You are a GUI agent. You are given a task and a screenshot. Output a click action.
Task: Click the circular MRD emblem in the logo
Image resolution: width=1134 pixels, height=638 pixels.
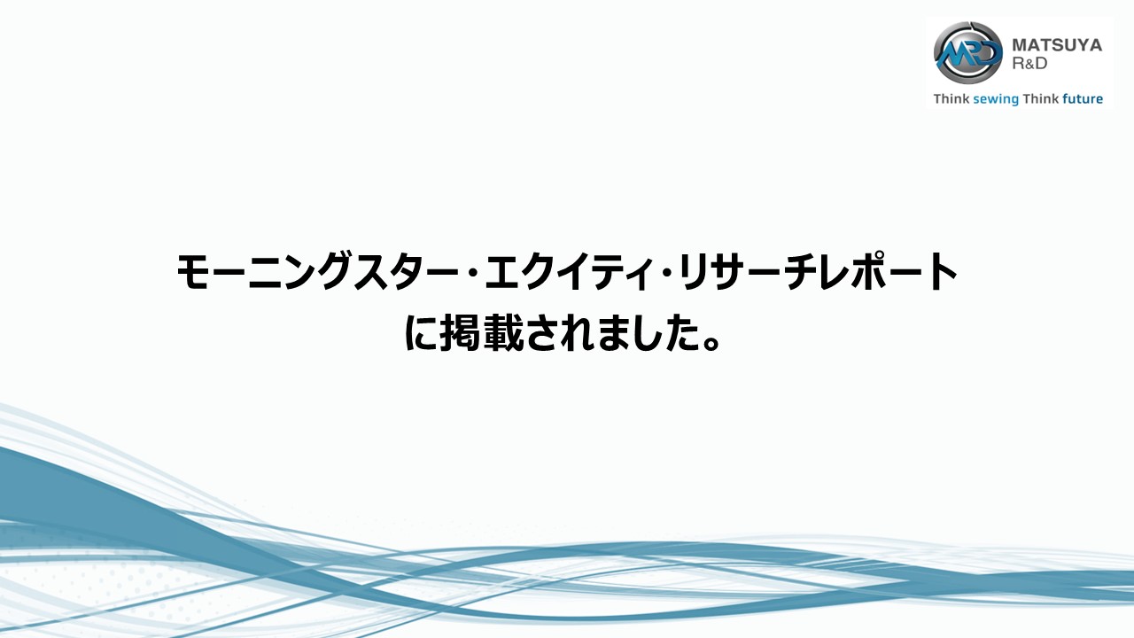(x=968, y=52)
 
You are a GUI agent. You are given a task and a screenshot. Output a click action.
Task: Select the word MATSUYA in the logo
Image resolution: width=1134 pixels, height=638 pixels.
(x=1057, y=45)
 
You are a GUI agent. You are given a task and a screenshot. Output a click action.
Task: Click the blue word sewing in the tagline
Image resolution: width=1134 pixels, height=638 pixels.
(x=996, y=99)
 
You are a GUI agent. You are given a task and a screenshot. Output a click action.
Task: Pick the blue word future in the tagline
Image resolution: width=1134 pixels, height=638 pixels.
(x=1083, y=98)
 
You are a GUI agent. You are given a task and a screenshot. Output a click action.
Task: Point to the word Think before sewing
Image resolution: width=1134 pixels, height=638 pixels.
(x=951, y=98)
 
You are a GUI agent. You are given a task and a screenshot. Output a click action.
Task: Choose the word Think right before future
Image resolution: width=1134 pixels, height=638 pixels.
(x=1041, y=98)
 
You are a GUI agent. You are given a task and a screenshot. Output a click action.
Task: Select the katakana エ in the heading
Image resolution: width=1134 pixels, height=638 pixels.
(x=504, y=272)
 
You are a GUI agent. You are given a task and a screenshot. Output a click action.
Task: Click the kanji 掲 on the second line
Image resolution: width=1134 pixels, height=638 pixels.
(x=460, y=333)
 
